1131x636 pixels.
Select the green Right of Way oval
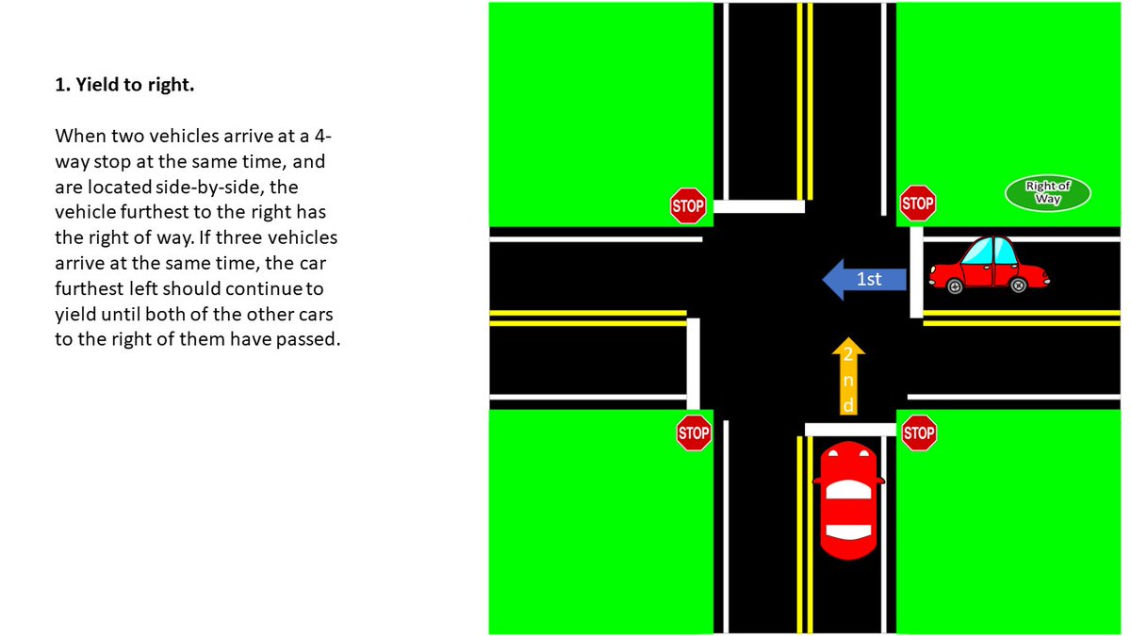[1047, 192]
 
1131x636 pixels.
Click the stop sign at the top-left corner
[688, 205]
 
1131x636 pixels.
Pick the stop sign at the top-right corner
[917, 204]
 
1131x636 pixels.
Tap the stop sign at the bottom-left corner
[694, 433]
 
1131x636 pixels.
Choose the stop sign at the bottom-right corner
[918, 433]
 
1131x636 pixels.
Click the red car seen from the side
[988, 266]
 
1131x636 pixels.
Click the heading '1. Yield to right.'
[124, 86]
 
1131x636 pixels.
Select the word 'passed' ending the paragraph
[304, 339]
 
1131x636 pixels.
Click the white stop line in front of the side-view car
[916, 271]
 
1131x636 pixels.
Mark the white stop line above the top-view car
[849, 430]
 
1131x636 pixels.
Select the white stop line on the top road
[759, 206]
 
